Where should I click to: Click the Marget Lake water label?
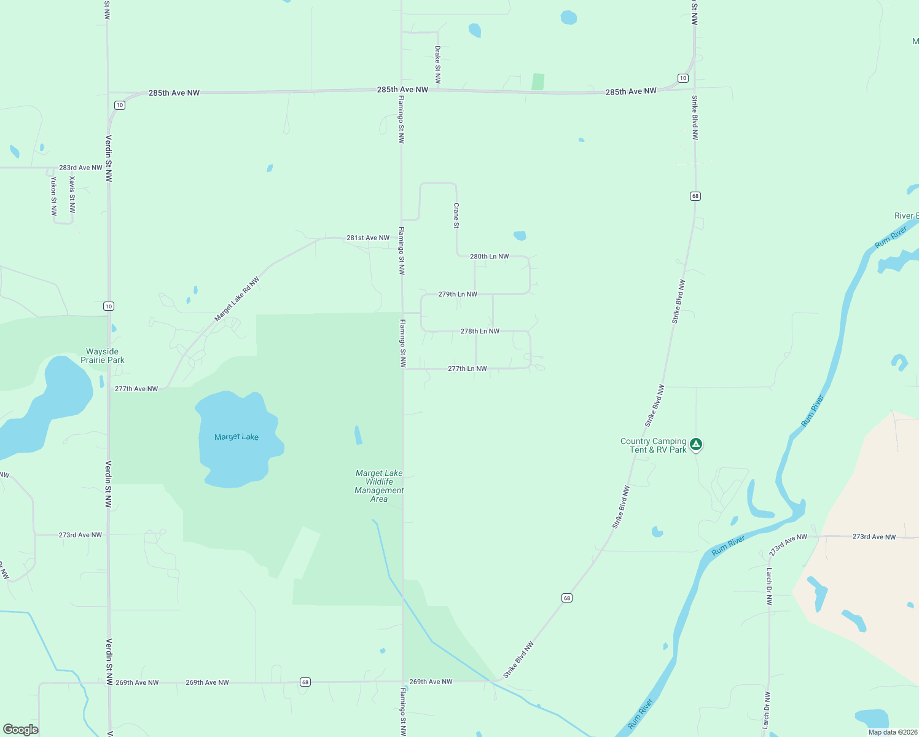click(x=237, y=437)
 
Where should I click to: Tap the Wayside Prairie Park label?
click(x=103, y=356)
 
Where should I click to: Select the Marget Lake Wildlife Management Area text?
click(x=379, y=486)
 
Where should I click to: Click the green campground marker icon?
click(x=695, y=444)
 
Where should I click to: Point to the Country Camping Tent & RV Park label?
click(x=653, y=445)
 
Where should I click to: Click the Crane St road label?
click(x=456, y=216)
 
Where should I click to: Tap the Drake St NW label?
click(x=438, y=64)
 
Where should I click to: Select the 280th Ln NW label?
click(x=489, y=256)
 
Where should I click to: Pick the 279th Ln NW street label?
click(x=457, y=294)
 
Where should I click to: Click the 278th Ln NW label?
click(x=480, y=331)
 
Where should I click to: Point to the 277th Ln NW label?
click(x=467, y=368)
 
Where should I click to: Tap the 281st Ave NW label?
click(x=367, y=238)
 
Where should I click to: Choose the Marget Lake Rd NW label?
click(x=237, y=299)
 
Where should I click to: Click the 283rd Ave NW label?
click(x=80, y=168)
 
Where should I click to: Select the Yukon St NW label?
click(x=54, y=196)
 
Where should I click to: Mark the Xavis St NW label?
click(x=72, y=195)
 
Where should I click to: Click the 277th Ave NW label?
click(x=136, y=389)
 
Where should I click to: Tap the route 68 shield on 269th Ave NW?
click(x=305, y=682)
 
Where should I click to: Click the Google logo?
click(x=21, y=730)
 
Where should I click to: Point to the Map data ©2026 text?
click(x=893, y=732)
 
